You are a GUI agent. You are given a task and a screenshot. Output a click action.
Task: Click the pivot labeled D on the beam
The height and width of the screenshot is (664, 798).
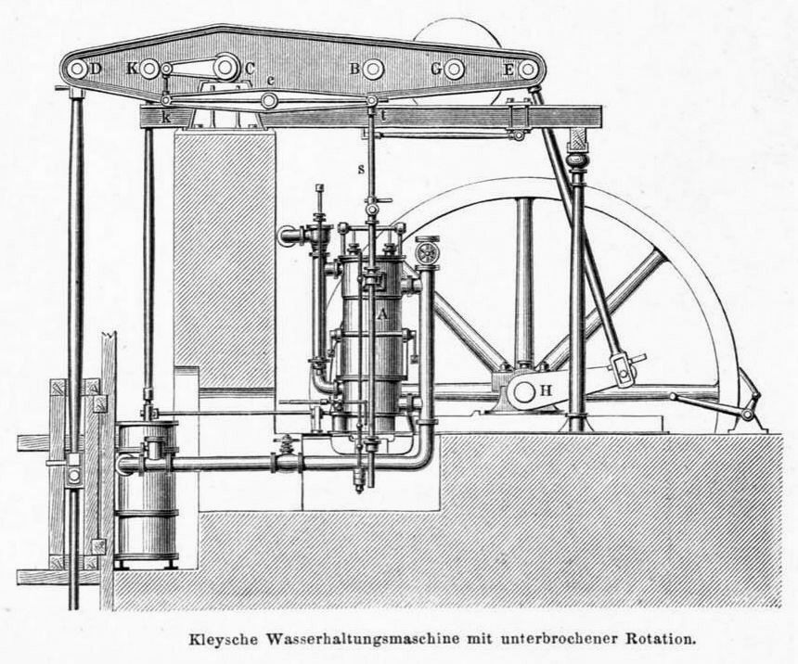click(77, 69)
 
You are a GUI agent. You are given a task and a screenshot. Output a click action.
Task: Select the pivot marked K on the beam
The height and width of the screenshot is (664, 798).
click(149, 68)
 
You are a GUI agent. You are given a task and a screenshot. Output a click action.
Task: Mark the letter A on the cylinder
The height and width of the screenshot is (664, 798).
click(381, 313)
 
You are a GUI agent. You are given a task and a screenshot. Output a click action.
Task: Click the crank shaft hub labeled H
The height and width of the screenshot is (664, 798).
click(525, 391)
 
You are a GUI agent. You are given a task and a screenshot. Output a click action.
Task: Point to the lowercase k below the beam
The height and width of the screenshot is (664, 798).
click(166, 117)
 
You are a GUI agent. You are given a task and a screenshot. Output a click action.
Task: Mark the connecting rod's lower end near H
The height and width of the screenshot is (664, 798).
click(622, 369)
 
